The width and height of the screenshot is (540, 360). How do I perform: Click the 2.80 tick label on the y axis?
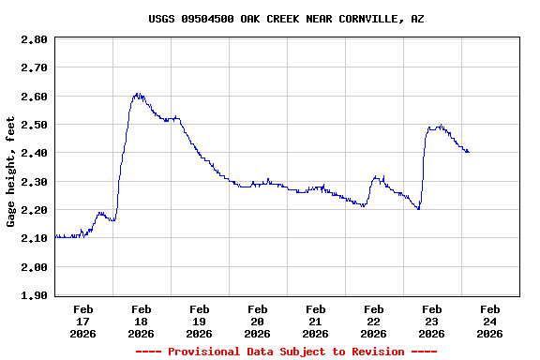coord(34,39)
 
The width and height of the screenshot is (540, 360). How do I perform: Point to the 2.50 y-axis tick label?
coord(34,125)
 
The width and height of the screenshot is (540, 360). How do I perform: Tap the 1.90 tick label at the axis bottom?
coord(34,295)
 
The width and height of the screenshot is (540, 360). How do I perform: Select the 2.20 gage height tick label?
coord(34,210)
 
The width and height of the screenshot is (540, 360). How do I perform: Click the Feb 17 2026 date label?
coord(83,321)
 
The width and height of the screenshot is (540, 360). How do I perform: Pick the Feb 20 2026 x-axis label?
coord(258,321)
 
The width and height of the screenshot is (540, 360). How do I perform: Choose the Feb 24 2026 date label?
coord(490,321)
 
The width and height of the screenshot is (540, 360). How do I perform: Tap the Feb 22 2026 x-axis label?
coord(374,321)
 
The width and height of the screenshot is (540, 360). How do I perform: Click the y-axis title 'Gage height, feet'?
coord(11,172)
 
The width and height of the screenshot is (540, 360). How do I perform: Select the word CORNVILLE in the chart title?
coord(364,19)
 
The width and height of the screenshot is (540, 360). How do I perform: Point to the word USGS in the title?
coord(162,19)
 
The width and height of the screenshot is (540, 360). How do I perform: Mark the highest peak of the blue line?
coord(137,94)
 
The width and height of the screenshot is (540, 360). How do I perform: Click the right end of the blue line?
coord(469,152)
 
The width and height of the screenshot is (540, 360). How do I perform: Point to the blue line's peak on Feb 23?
coord(440,126)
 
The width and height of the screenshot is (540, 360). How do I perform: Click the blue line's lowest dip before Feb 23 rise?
coord(418,208)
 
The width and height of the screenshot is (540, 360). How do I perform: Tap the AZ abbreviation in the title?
coord(417,19)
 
